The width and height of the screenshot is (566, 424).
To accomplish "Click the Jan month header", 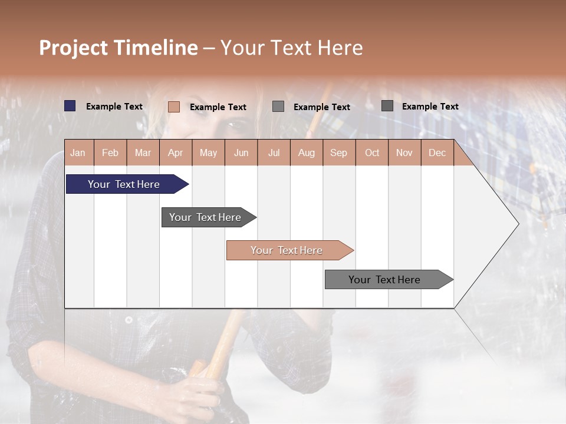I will point(78,153).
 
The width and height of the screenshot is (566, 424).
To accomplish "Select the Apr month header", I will point(175,153).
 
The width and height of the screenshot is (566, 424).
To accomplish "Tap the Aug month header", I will point(306,153).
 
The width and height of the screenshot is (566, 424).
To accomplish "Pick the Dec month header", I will point(437,153).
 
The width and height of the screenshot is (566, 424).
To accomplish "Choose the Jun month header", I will point(241,153).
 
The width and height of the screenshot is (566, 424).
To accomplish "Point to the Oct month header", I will point(371,153).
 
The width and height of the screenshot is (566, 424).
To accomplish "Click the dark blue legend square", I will point(70,106).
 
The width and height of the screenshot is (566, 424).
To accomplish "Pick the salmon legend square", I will point(174,107).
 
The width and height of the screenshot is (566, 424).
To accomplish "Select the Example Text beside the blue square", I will point(114,107).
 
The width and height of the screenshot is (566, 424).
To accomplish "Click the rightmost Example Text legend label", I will point(430,107).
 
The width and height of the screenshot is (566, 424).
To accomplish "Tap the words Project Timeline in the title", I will point(118,48).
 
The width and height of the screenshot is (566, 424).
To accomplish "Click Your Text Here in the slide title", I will point(291,48).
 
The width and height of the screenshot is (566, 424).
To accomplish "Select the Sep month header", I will point(338,153).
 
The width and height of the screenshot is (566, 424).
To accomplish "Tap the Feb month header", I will point(110,153).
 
